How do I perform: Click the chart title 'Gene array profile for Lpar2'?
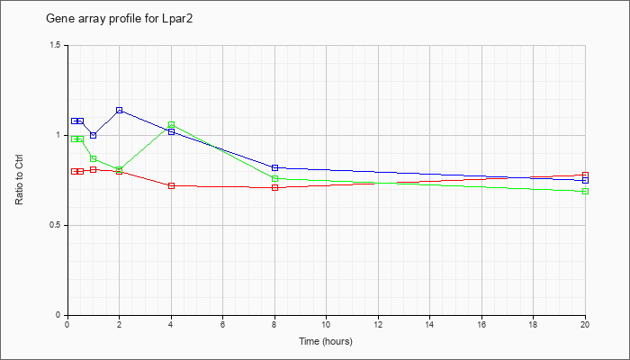[120, 19]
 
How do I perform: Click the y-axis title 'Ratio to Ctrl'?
[19, 180]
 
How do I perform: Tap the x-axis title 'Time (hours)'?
[326, 341]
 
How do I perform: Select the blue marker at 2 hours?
[120, 110]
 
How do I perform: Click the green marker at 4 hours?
[172, 124]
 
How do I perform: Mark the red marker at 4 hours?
[172, 185]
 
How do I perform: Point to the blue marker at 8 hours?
[274, 167]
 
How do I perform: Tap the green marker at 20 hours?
[585, 191]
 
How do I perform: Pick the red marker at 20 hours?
[585, 175]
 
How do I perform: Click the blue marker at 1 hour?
[94, 135]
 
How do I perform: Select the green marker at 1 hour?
[94, 158]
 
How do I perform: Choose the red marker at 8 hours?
[274, 187]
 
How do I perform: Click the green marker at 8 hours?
[274, 178]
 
